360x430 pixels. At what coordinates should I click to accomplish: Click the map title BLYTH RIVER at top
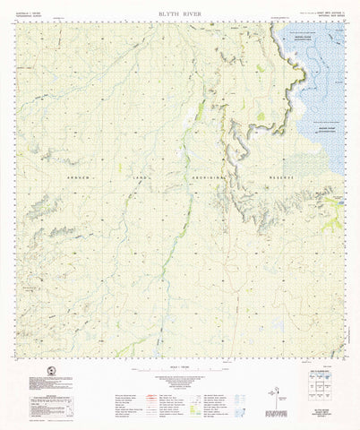point(179,14)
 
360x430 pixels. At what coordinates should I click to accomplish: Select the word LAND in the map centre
point(141,178)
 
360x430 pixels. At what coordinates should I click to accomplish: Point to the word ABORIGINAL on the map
point(208,178)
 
